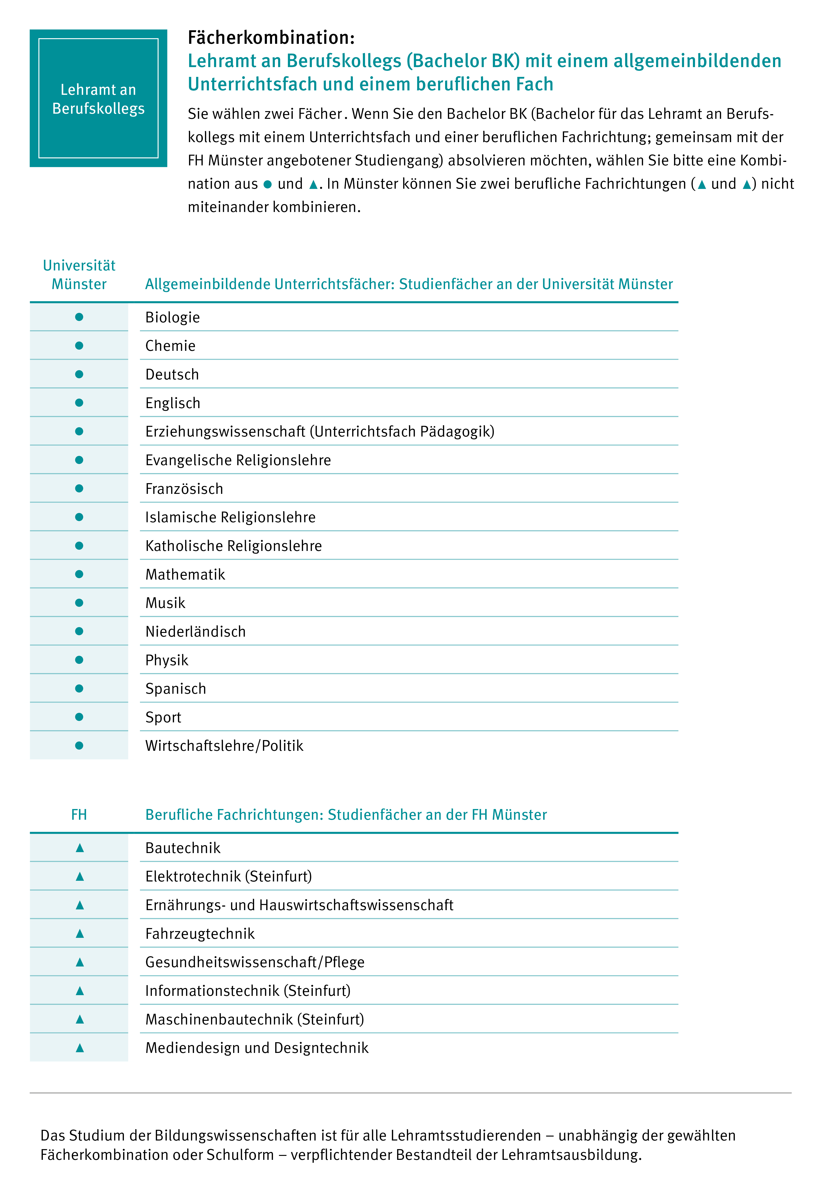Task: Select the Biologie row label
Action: point(172,318)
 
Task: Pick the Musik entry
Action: point(165,603)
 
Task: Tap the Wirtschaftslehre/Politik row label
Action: point(224,745)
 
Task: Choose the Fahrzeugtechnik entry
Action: point(200,934)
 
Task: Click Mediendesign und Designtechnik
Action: point(257,1048)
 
